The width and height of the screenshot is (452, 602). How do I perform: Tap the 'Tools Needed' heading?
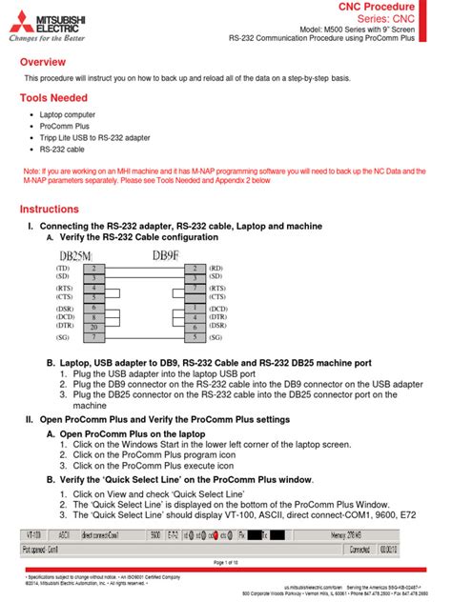[x=54, y=98]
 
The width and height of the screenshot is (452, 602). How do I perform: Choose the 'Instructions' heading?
[x=53, y=209]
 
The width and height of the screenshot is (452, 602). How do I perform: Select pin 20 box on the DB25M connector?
[x=93, y=327]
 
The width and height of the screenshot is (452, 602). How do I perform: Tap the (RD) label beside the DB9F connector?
[x=216, y=270]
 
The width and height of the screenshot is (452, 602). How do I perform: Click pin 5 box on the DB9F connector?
[x=195, y=337]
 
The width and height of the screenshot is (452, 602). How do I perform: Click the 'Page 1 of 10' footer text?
[x=225, y=563]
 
